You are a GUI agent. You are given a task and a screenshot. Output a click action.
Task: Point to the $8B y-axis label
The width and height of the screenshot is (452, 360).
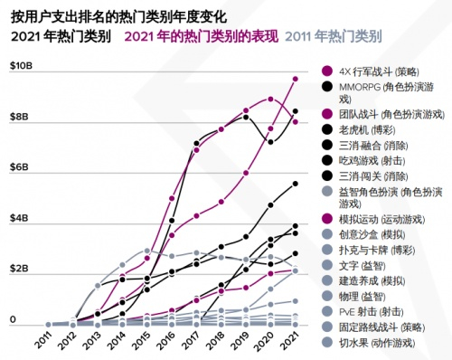pos(19,117)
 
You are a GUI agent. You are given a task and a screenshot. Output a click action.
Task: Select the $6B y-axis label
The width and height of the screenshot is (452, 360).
pos(19,168)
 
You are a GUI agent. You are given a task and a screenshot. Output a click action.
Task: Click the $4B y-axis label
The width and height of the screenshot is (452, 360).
pos(19,219)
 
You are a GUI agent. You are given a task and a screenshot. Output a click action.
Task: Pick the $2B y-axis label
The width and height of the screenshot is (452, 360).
pos(19,270)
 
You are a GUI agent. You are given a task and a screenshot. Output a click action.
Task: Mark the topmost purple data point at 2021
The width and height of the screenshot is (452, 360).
pos(295,79)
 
